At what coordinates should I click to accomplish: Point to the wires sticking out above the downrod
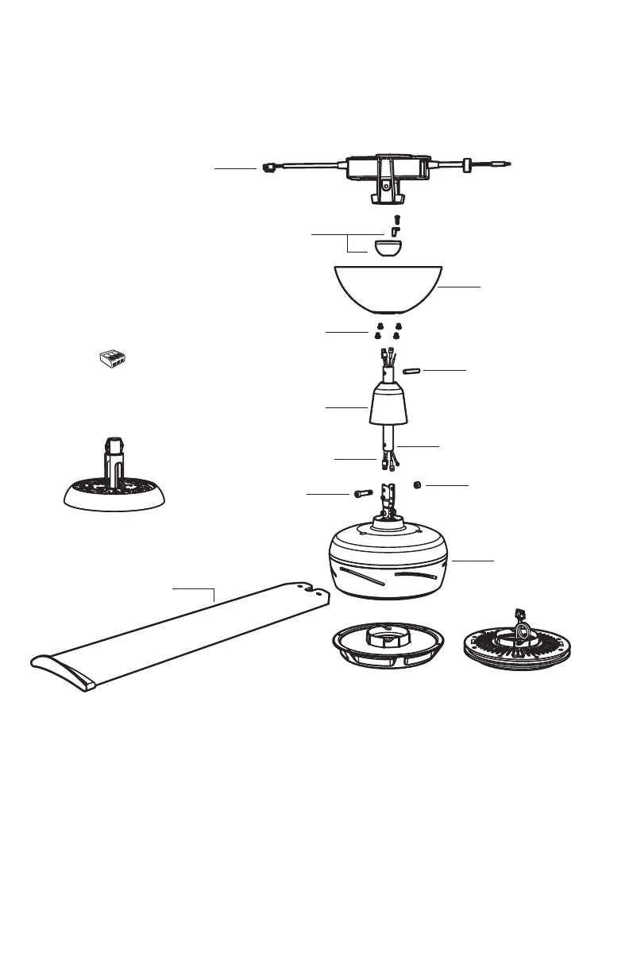[388, 354]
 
